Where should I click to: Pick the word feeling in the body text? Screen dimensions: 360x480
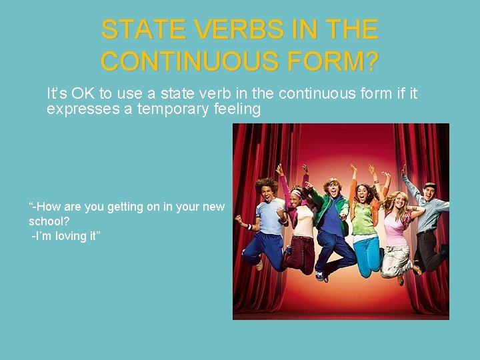pyautogui.click(x=238, y=109)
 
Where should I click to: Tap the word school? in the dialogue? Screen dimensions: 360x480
pyautogui.click(x=49, y=221)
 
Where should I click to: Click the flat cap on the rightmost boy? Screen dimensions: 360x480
pyautogui.click(x=429, y=185)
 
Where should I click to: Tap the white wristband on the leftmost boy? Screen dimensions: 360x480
pyautogui.click(x=249, y=227)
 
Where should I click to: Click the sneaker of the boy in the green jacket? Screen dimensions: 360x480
pyautogui.click(x=321, y=275)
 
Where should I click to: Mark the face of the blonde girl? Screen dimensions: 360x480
pyautogui.click(x=403, y=203)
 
